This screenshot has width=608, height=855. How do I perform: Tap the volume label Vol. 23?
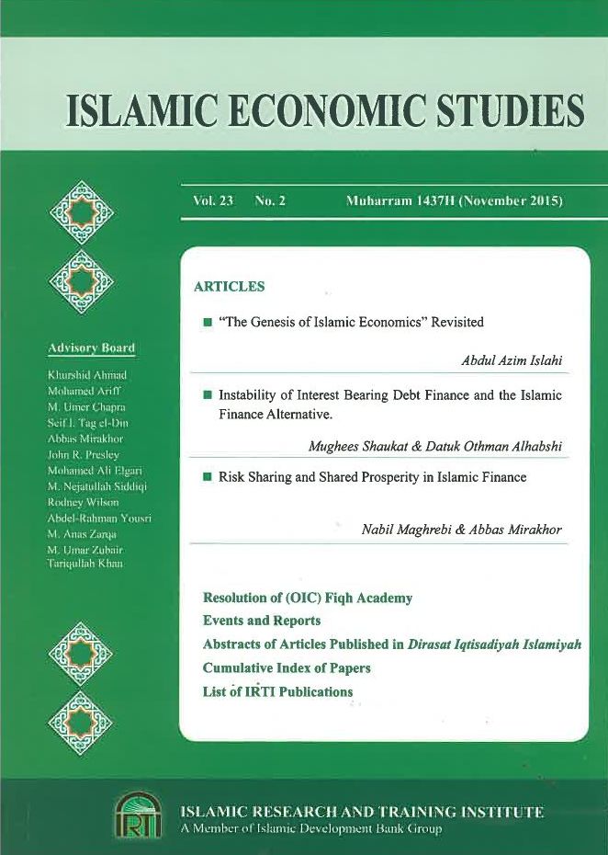pos(213,200)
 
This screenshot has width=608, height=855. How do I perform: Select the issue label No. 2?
pos(271,200)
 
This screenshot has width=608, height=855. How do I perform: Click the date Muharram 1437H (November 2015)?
pos(454,200)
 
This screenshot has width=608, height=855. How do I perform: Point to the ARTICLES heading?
pos(229,287)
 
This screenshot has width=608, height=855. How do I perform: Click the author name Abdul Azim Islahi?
pos(511,361)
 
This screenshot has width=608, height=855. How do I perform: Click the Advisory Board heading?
pos(91,348)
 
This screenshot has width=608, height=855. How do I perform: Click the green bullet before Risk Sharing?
pos(208,478)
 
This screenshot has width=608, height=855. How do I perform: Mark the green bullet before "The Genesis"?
pos(208,323)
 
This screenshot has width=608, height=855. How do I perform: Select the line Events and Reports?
pos(261,621)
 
